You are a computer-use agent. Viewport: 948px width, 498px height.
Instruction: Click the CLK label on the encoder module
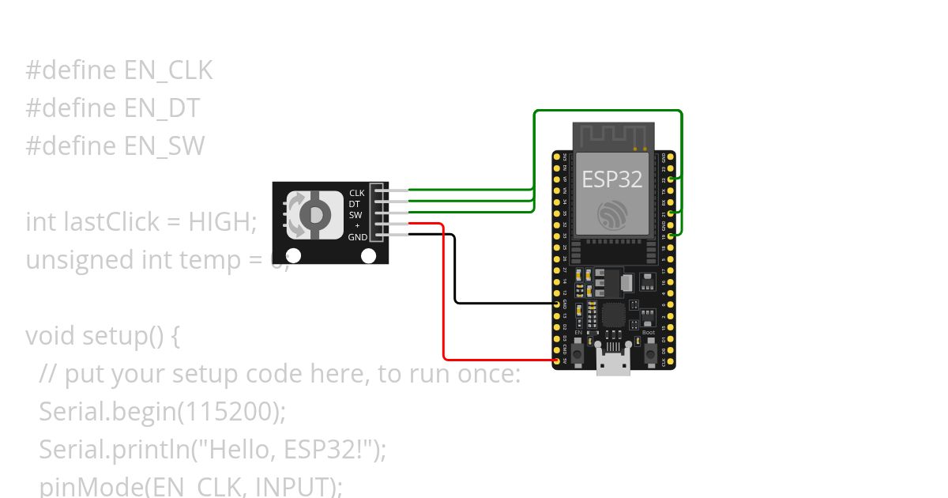357,193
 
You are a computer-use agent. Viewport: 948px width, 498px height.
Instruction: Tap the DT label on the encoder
355,204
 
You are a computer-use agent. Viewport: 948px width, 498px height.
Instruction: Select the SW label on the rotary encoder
355,215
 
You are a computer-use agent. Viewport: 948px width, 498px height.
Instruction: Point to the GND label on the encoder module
357,237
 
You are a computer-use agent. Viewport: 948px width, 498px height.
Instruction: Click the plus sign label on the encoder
357,226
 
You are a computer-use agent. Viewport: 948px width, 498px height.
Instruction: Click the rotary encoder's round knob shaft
314,215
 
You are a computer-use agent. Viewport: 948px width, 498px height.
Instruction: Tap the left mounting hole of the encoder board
293,255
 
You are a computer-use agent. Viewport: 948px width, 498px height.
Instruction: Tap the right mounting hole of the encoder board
368,255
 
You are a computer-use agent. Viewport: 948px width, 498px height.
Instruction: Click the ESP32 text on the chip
612,179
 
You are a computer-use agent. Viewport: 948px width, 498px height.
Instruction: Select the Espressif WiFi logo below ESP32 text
612,215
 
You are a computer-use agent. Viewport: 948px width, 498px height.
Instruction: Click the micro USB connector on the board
613,364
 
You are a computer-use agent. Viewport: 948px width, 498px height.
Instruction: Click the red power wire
444,300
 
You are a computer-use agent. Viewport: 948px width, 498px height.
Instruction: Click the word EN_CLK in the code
168,70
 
